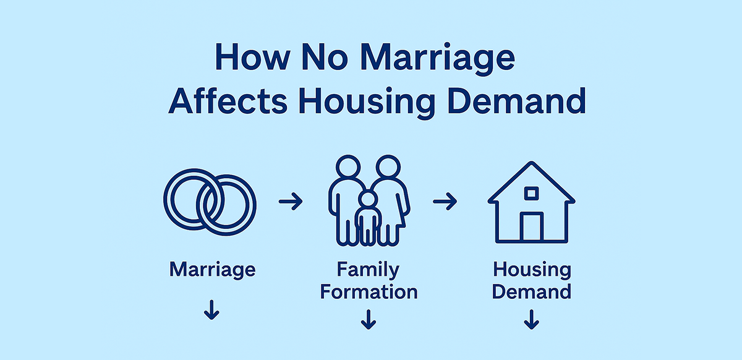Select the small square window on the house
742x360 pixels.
click(531, 194)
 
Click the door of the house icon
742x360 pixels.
click(531, 226)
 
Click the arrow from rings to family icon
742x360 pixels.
click(291, 202)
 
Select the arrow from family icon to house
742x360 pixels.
click(445, 202)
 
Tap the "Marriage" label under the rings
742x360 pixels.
click(212, 270)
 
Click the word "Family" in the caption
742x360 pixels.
click(369, 270)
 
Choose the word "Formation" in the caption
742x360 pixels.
click(369, 291)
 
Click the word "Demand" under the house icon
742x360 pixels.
click(532, 291)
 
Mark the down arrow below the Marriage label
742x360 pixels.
click(211, 310)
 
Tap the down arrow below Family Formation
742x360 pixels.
click(369, 319)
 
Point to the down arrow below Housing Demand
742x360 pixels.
click(531, 319)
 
